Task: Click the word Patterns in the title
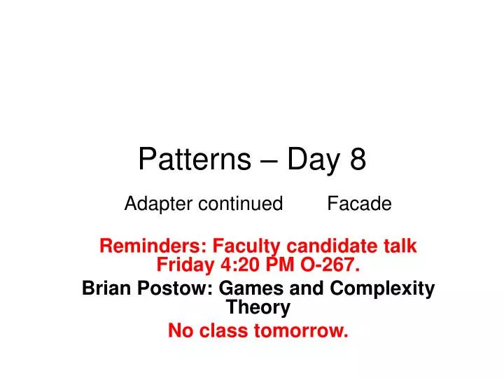pos(194,160)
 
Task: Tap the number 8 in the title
pos(357,160)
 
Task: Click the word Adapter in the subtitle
pos(159,204)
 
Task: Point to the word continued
pos(240,204)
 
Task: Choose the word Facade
pos(360,204)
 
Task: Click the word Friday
pos(182,265)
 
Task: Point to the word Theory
pos(258,307)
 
